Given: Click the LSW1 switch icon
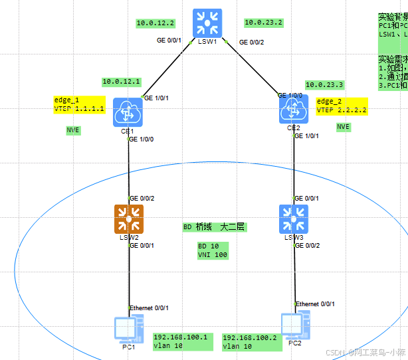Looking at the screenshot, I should pos(209,23).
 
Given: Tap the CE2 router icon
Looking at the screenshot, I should pos(294,109).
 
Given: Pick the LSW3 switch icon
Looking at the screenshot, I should pos(294,219).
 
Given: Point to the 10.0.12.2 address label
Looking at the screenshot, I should pos(155,23).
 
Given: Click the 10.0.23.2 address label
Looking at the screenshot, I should pos(263,23).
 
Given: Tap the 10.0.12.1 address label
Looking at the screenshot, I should pos(121,82).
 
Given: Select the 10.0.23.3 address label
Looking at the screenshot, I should pos(324,84).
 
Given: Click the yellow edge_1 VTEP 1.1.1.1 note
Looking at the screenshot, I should pos(79,104).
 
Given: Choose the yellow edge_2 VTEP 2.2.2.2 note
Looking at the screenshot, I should pos(342,106).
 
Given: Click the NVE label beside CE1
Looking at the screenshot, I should pos(73,130).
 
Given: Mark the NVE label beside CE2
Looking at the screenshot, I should pos(343,127).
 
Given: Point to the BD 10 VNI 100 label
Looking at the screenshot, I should pos(213,250).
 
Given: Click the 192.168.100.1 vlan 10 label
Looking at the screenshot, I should pos(181,341).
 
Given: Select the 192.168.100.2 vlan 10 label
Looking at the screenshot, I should pos(250,342).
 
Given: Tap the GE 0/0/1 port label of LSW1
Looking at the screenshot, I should pos(169,40).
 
